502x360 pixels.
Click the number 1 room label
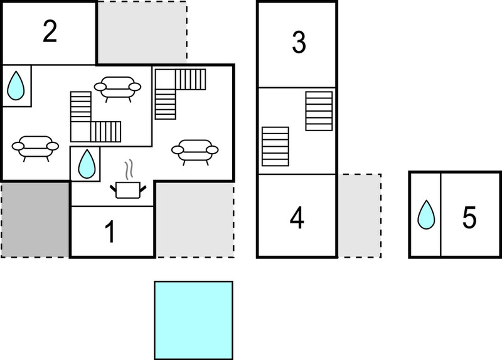click(110, 231)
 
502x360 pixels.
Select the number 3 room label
click(299, 42)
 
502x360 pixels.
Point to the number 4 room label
click(297, 218)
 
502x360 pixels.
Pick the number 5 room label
click(469, 218)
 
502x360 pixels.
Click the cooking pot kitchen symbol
click(128, 190)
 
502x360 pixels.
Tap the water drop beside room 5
click(427, 214)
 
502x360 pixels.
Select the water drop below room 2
click(16, 85)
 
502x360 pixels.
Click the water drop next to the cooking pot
click(87, 164)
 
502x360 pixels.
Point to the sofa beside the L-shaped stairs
click(117, 88)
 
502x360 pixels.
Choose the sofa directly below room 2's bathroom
click(35, 148)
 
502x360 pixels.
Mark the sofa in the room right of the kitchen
click(195, 152)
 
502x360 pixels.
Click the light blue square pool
click(194, 320)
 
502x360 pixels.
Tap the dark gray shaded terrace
click(35, 220)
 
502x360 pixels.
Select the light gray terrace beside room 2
click(142, 33)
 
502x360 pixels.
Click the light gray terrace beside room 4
click(360, 216)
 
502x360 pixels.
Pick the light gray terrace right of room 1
click(195, 220)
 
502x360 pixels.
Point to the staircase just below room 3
click(319, 111)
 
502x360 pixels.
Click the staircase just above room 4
click(275, 147)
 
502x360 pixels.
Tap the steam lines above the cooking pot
click(129, 169)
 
